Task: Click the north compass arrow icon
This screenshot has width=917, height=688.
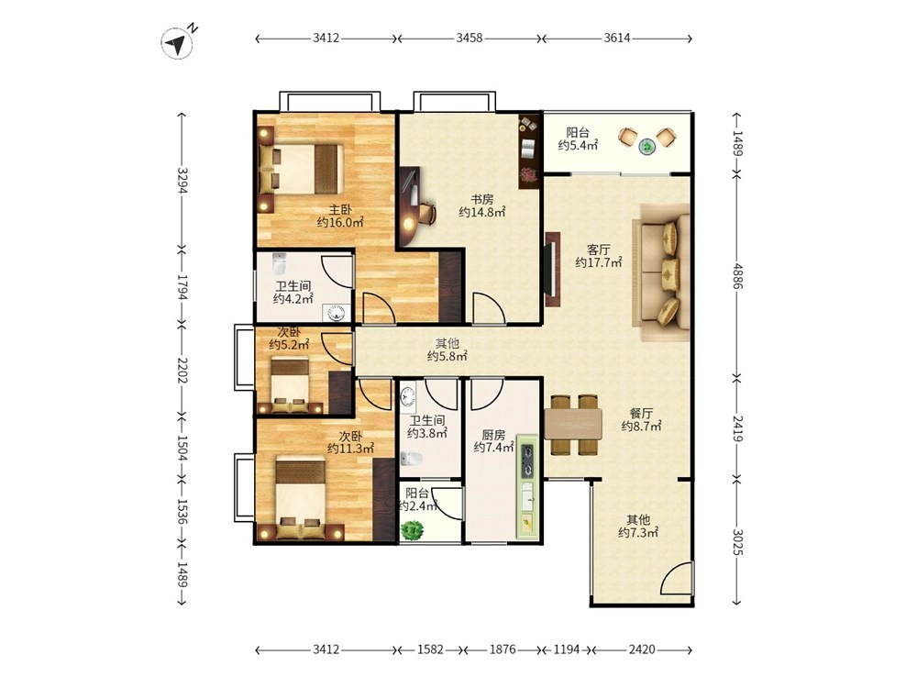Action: click(177, 43)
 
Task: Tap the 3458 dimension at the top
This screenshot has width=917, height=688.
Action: click(469, 38)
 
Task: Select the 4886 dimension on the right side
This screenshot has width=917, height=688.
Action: click(737, 276)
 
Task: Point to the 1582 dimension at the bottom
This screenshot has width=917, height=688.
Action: click(430, 649)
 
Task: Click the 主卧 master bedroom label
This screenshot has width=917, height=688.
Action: click(340, 209)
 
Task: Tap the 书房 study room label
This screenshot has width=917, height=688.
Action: click(482, 199)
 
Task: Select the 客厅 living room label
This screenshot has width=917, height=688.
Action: click(599, 250)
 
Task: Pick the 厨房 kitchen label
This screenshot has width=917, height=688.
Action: click(493, 435)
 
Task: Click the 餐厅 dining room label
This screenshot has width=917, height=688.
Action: click(642, 413)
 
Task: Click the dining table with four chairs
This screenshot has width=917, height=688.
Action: click(574, 425)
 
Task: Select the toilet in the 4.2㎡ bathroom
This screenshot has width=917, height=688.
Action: click(280, 264)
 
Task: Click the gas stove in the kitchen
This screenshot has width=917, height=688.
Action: click(527, 461)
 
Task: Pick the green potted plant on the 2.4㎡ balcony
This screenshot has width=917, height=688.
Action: click(413, 530)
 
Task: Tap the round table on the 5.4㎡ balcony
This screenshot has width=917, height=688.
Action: click(647, 146)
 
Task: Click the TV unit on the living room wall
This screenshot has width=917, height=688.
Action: click(552, 270)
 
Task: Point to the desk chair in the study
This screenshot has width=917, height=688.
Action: click(426, 213)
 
